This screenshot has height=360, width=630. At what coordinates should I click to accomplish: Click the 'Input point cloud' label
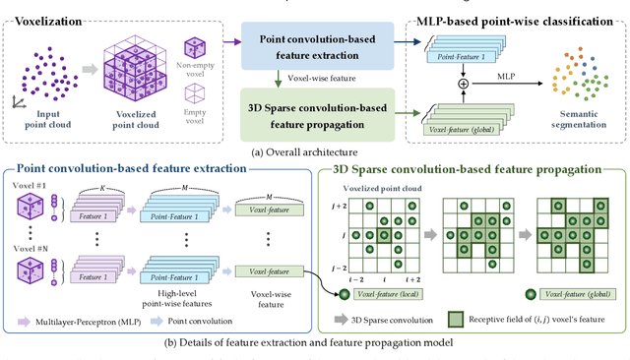41,119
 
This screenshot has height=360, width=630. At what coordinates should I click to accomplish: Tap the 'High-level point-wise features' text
187,297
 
